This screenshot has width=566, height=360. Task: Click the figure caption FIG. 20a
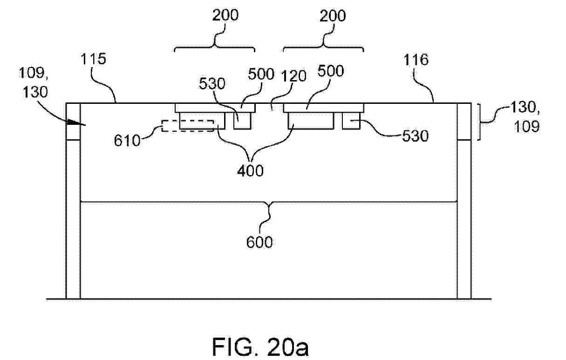[260, 347]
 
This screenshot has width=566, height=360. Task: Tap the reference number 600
[259, 242]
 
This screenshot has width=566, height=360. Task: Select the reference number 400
[250, 170]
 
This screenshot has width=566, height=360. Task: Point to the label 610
[127, 141]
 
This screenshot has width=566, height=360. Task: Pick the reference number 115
[94, 59]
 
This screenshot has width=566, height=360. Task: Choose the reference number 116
[416, 60]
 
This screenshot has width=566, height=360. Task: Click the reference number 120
[293, 76]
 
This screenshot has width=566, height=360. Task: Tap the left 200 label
[225, 15]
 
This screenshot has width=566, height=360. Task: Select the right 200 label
[333, 16]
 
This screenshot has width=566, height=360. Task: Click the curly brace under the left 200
[215, 47]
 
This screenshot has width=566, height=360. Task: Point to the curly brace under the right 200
[323, 47]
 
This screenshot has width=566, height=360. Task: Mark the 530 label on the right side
[415, 136]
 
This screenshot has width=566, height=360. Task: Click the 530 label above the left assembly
[212, 84]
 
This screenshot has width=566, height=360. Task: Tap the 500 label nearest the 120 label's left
[261, 74]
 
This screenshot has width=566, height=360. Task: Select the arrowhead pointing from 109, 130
[76, 123]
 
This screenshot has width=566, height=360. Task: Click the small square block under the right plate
[351, 121]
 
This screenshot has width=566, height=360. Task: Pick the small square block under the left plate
[242, 121]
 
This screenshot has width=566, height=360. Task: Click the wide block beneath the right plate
[311, 121]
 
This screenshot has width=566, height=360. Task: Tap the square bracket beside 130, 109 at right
[479, 122]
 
